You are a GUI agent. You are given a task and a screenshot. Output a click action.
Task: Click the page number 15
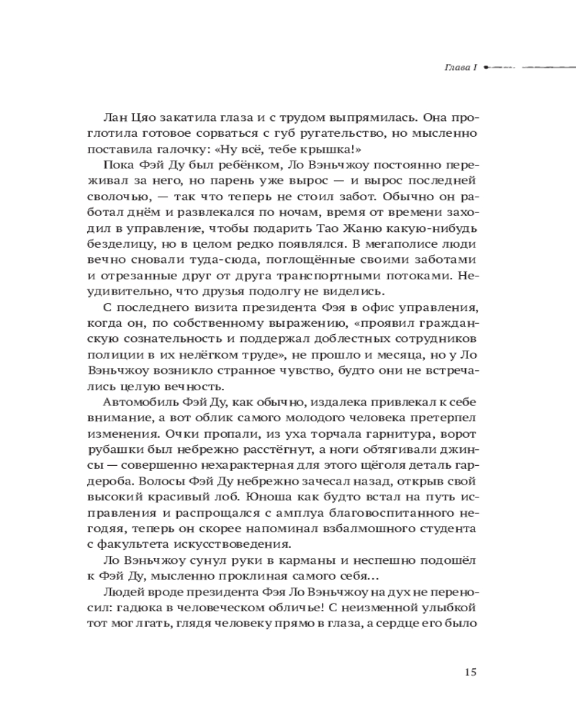pyautogui.click(x=469, y=672)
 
